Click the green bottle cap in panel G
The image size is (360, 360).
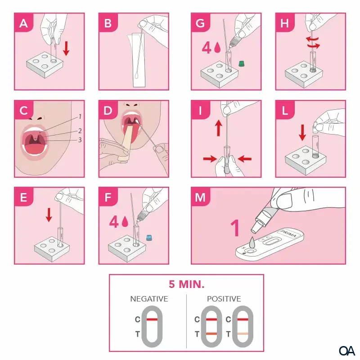pos(241,63)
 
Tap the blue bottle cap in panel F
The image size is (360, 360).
pos(149,238)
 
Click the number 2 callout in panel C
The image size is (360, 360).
pos(80,131)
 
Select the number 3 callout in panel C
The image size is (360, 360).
pos(80,140)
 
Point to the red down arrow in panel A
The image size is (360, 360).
pos(66,49)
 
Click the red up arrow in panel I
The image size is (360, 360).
pos(219,128)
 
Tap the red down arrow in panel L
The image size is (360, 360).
pos(302,132)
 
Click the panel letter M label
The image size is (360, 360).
pos(200,197)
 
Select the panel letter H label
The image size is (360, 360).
pos(285,23)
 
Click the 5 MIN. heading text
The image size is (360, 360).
pos(186,284)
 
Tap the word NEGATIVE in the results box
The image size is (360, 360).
pos(149,299)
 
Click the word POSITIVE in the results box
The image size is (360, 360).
pos(224,299)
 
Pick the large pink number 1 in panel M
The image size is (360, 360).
pos(235,228)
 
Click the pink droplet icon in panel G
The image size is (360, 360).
pos(217,48)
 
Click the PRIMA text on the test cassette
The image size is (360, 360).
pos(288,233)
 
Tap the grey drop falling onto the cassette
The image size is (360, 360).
pos(252,243)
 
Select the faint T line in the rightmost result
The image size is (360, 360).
pos(243,334)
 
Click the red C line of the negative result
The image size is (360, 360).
pos(152,319)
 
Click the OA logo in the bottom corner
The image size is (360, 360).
pos(346,351)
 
